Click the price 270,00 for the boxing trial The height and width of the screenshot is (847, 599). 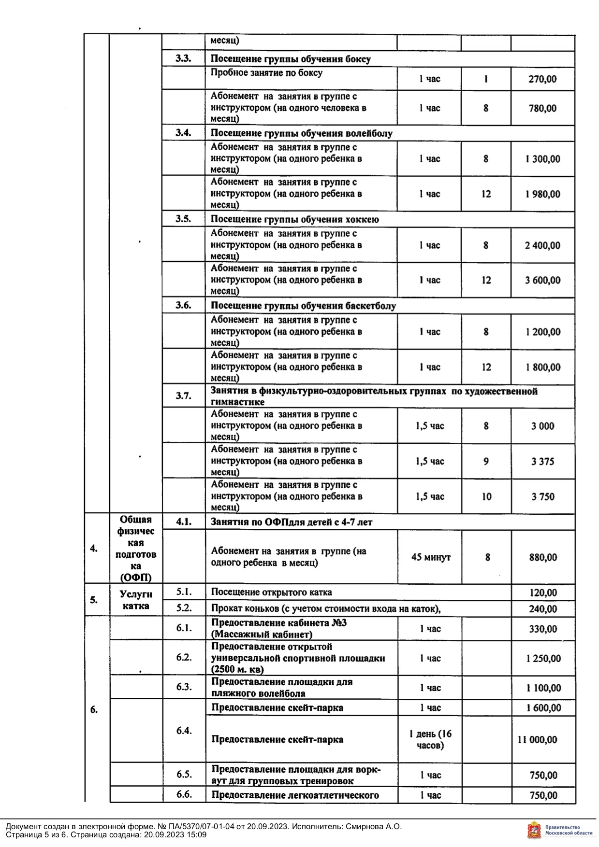pos(542,79)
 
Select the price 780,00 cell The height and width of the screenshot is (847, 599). pos(542,108)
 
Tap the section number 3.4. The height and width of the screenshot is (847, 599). pos(183,133)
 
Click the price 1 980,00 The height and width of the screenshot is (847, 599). pos(542,194)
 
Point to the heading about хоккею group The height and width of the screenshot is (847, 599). pos(295,220)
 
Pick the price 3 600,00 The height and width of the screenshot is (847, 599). pos(542,280)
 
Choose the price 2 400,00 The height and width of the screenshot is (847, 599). pos(542,245)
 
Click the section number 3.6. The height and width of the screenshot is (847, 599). pos(183,305)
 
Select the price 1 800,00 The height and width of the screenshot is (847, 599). pos(542,367)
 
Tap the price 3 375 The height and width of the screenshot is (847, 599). pos(542,461)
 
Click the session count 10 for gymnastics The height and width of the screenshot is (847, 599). pos(486,496)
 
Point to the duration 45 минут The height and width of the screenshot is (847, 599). pos(430,557)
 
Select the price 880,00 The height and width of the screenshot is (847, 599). pos(542,557)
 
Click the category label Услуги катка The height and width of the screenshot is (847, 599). pos(136,600)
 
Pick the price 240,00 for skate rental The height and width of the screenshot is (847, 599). pos(542,609)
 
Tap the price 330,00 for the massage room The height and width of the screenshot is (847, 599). pos(542,629)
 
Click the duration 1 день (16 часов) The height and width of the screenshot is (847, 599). pos(430,739)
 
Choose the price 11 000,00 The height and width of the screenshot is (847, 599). pos(537,739)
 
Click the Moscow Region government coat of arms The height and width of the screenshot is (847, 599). pos(534,830)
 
